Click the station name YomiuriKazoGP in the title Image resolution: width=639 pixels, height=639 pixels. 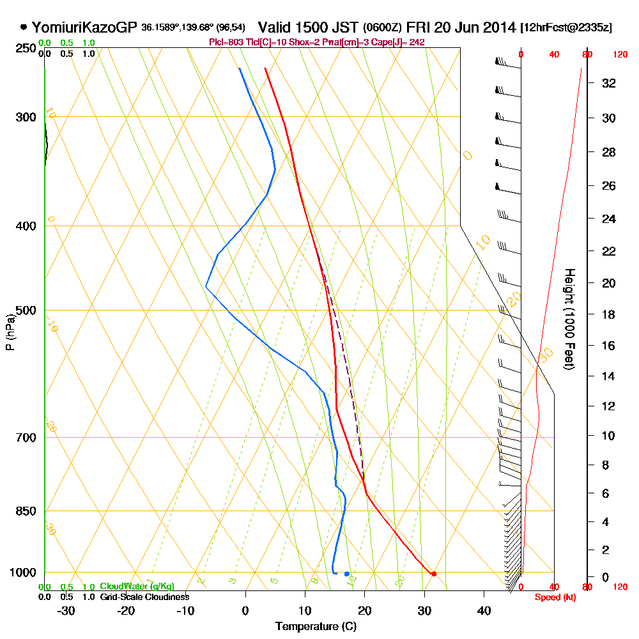click(84, 27)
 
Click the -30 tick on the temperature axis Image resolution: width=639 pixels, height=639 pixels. click(66, 610)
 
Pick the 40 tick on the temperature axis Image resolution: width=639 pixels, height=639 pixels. click(484, 610)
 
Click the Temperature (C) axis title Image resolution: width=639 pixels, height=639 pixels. click(316, 626)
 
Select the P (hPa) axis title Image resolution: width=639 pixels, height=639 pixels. click(10, 332)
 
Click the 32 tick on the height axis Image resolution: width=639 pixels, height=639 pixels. click(609, 83)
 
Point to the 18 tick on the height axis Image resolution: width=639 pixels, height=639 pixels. click(609, 314)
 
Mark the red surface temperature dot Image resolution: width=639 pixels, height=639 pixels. click(433, 574)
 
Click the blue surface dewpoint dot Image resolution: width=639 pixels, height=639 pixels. click(347, 574)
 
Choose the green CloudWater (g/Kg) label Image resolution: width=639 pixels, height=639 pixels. click(137, 587)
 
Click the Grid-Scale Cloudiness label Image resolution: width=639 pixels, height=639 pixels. click(144, 597)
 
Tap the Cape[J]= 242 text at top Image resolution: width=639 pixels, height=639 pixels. click(398, 42)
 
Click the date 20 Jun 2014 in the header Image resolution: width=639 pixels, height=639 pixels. click(474, 27)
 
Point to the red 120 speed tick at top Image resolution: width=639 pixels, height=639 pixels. click(619, 55)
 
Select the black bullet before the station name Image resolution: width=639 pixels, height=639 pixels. click(24, 27)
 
